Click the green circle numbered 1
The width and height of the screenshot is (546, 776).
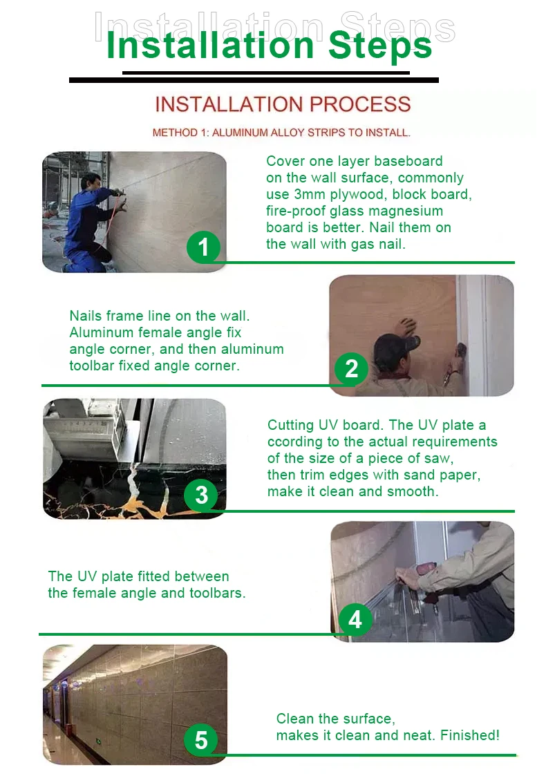click(203, 247)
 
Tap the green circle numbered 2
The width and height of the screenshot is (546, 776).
click(351, 369)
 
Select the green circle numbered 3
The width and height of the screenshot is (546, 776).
click(201, 495)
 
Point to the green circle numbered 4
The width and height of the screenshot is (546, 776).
click(355, 619)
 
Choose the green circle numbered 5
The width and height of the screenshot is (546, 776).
click(201, 740)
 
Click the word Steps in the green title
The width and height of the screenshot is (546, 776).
click(379, 46)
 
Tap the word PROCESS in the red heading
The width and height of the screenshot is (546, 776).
click(360, 104)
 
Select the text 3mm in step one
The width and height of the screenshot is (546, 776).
click(310, 194)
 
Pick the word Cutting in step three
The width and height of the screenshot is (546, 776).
click(290, 425)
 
